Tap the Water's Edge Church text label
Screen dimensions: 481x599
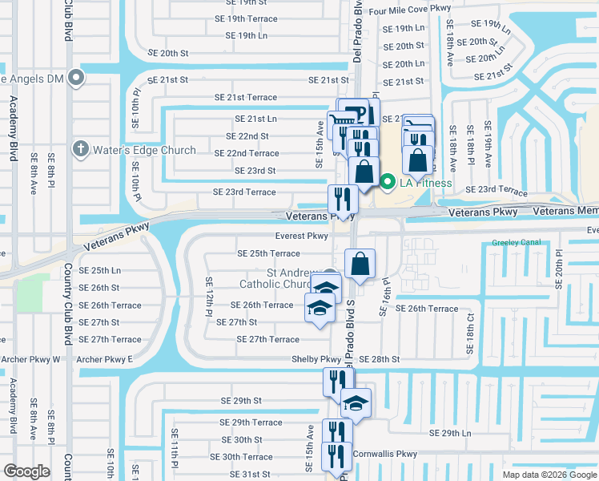tap(145, 150)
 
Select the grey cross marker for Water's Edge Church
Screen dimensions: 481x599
tap(80, 149)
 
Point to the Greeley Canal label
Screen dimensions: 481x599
tap(520, 241)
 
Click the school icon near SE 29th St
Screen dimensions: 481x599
tap(356, 403)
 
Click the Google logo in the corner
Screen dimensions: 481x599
tap(26, 471)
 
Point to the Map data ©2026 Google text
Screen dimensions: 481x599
tap(549, 475)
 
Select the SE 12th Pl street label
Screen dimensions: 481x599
tap(209, 297)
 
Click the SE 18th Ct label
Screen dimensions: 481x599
tap(470, 340)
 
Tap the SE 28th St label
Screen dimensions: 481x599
tap(379, 359)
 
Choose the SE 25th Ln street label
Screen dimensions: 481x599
tap(99, 270)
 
